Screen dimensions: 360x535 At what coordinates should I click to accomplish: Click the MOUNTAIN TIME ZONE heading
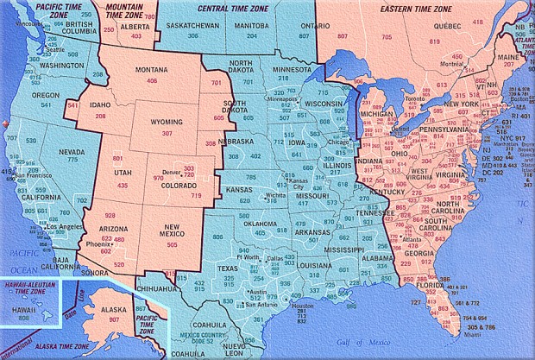pos(125,11)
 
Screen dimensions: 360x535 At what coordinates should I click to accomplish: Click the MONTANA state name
pos(152,70)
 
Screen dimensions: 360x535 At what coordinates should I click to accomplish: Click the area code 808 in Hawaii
pos(23,319)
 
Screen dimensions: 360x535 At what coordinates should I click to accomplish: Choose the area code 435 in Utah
pos(122,186)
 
